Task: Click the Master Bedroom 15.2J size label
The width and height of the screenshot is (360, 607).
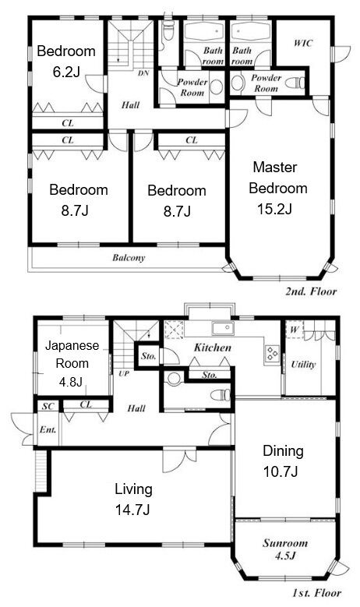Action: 274,209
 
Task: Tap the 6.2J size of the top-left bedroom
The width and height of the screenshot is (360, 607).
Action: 66,72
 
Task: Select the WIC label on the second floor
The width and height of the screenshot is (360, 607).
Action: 302,43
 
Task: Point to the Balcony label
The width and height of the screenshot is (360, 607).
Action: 129,258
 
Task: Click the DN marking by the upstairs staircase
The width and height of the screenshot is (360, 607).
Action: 143,72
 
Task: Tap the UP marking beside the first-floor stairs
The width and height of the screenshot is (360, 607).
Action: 124,374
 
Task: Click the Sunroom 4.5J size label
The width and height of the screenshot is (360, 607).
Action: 285,556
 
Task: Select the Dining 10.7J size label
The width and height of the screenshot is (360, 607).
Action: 281,472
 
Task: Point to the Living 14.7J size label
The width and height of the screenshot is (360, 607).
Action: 132,510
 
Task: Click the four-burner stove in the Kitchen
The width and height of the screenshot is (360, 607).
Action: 271,353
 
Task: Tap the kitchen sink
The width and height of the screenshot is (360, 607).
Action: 223,329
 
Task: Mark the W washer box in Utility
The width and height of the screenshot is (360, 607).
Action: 295,330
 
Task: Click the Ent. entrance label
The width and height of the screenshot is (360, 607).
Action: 48,429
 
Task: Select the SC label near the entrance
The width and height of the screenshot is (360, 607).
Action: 48,407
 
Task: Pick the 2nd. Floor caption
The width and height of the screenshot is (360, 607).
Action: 311,291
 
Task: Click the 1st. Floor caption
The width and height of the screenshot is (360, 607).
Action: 316,593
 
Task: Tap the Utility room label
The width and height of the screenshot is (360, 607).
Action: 303,364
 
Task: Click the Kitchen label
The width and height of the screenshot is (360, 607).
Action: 213,348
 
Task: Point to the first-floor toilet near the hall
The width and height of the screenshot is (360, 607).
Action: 221,395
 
